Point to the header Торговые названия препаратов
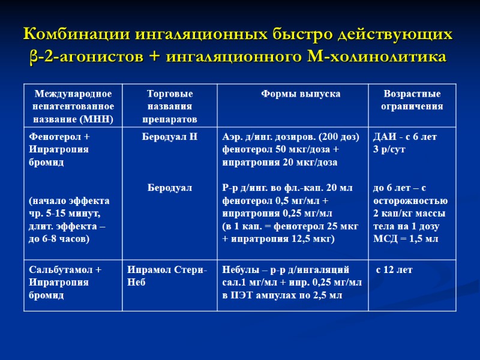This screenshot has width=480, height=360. click(170, 106)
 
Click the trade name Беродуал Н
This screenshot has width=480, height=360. click(170, 137)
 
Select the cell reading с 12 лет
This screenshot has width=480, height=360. click(394, 270)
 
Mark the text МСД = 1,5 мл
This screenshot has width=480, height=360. click(406, 239)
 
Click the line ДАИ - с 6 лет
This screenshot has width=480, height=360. click(405, 137)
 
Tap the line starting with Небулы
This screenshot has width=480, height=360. click(286, 270)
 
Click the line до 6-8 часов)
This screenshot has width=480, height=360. click(59, 239)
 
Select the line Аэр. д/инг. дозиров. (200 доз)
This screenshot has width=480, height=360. click(291, 137)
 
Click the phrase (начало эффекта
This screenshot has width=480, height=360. click(69, 200)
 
